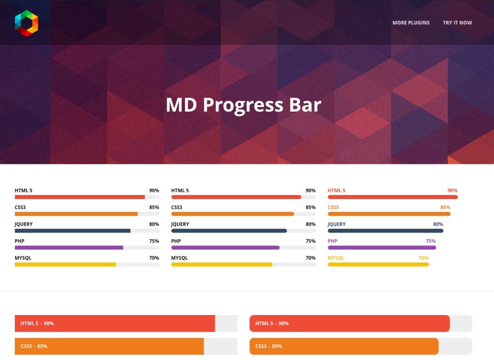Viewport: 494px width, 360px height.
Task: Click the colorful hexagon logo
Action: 27,23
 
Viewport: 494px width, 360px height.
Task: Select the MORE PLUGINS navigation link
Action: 411,23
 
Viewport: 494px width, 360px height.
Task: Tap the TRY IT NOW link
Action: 457,23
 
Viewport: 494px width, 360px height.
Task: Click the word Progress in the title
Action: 243,105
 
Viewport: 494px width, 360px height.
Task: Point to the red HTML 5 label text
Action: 336,191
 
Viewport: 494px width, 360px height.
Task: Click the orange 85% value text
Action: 445,207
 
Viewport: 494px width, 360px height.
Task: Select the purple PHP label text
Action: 332,241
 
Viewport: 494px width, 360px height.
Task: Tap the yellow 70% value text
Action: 423,258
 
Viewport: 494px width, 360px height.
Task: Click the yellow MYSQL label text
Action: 336,258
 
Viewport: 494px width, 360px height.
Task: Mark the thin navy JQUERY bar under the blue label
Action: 386,231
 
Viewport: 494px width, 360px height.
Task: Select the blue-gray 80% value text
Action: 438,224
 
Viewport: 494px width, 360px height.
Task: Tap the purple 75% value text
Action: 431,241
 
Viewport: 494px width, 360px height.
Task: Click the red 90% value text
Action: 453,191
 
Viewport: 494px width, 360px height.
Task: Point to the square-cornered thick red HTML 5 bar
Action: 115,323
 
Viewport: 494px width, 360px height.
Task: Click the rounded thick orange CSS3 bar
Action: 344,346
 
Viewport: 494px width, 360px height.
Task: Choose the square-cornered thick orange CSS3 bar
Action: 109,346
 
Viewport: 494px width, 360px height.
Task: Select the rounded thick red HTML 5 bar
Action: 350,323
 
